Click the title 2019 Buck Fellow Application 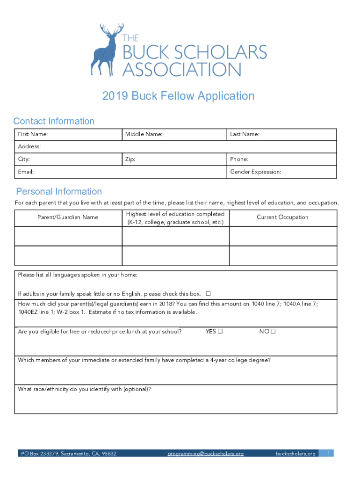[179, 96]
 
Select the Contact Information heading [54, 121]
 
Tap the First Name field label [33, 135]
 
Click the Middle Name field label [144, 135]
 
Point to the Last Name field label [245, 135]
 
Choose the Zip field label [130, 160]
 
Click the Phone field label [239, 160]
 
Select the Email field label [26, 172]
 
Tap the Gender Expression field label [255, 172]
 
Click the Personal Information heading [59, 191]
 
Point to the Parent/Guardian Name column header [68, 217]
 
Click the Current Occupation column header [282, 217]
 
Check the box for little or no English [208, 294]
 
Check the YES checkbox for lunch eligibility [219, 332]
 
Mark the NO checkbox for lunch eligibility [273, 332]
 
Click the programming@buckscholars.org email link [206, 454]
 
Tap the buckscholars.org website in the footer [295, 454]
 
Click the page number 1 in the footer [329, 453]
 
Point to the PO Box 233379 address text [68, 454]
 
